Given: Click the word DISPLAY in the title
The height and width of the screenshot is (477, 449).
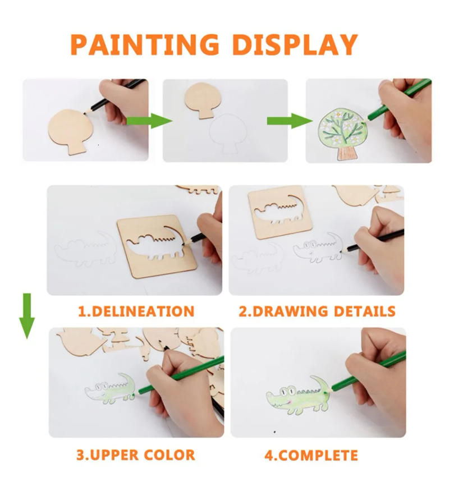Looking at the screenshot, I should (x=295, y=45).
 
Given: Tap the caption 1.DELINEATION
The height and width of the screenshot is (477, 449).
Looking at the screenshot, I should (x=135, y=311).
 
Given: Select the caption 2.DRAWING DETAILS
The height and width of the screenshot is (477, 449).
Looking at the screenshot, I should (x=317, y=311).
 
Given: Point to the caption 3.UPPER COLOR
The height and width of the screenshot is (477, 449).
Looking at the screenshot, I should (x=135, y=454).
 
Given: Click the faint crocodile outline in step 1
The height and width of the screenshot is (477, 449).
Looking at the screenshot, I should (x=84, y=250).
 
